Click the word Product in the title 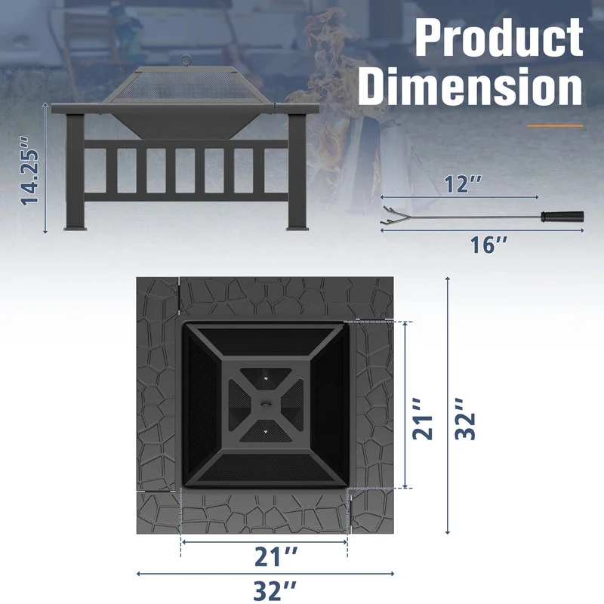tap(499, 37)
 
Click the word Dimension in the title tap(470, 86)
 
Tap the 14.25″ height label tap(30, 171)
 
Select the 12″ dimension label tap(463, 184)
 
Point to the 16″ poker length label tap(488, 245)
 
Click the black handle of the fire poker tap(562, 216)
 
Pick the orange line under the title tap(555, 125)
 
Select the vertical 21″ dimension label tap(423, 419)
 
